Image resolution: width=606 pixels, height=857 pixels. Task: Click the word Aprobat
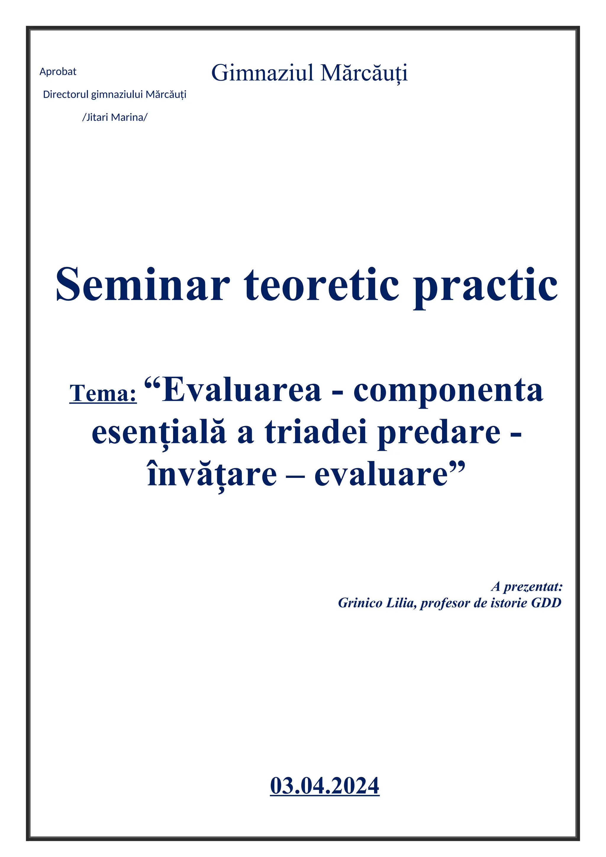coord(58,72)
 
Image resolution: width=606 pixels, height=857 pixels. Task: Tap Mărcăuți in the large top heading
coord(364,73)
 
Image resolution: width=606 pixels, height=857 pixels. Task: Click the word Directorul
coord(66,94)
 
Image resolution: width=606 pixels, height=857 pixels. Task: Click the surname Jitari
coord(97,117)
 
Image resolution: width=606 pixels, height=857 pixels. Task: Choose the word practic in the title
coord(485,286)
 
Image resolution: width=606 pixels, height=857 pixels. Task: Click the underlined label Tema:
coord(103,393)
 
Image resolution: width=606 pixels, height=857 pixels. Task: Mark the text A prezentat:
coord(526,587)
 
